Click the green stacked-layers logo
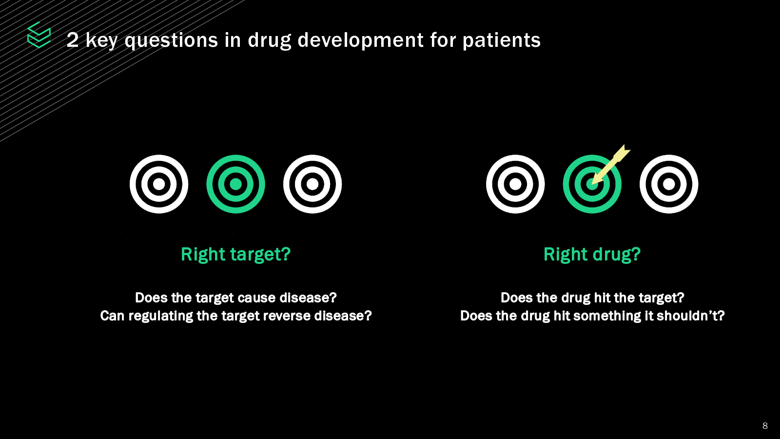[39, 35]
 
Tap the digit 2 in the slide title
[73, 40]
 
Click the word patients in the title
[502, 40]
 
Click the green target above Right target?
[236, 184]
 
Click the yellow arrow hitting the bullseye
[611, 164]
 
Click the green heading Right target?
[236, 254]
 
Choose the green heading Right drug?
[592, 254]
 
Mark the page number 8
[765, 426]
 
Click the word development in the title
[360, 40]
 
